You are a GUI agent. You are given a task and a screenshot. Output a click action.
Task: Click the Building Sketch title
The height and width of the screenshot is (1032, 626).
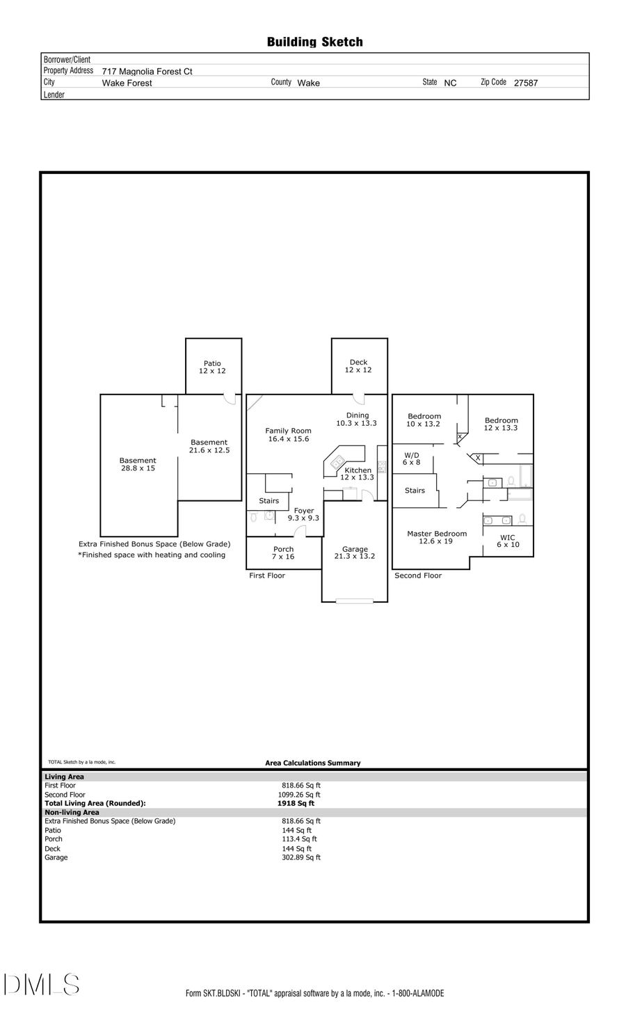point(314,42)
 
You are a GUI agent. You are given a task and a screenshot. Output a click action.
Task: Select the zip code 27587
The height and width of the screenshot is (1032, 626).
point(525,83)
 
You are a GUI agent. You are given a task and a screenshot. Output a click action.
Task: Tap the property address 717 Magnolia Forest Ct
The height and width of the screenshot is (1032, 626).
point(147,71)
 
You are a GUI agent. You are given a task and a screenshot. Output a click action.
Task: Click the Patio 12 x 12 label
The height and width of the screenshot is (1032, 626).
point(212,367)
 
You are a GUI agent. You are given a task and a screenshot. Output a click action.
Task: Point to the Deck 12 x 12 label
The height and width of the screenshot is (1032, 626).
point(358,366)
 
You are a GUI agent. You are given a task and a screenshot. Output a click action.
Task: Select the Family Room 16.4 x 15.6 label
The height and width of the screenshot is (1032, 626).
point(288,435)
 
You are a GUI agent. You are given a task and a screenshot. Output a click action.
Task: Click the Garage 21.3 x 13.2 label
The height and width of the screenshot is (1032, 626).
point(355,553)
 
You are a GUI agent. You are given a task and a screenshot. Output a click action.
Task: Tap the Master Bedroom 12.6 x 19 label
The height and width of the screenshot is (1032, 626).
point(437,537)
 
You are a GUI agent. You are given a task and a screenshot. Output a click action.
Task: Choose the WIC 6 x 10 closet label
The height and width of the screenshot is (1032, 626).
point(508,541)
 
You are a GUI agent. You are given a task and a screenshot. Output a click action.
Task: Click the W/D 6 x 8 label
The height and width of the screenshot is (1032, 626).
point(412,459)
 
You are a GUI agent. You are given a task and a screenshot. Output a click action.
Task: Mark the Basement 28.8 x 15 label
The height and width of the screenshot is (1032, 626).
point(138,464)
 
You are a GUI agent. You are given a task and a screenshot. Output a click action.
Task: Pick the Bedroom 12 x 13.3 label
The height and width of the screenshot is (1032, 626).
point(501,424)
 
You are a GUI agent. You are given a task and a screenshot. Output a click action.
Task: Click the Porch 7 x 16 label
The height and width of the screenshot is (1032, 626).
point(283,553)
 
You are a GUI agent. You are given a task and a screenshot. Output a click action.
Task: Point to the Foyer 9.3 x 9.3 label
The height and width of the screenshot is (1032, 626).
point(303,514)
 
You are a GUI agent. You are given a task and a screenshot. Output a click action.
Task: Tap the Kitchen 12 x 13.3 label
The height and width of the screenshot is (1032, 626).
point(358,474)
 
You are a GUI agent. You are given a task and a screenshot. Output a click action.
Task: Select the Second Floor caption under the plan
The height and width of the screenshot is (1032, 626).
point(418,575)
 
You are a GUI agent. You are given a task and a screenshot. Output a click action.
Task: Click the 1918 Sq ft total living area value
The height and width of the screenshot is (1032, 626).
point(296,803)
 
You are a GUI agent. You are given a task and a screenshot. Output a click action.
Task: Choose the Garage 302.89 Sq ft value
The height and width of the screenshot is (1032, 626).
point(300,857)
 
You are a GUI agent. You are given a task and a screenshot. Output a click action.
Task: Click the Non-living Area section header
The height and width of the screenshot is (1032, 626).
point(72,812)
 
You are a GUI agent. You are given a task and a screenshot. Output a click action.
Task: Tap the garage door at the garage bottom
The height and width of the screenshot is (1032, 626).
point(354,601)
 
